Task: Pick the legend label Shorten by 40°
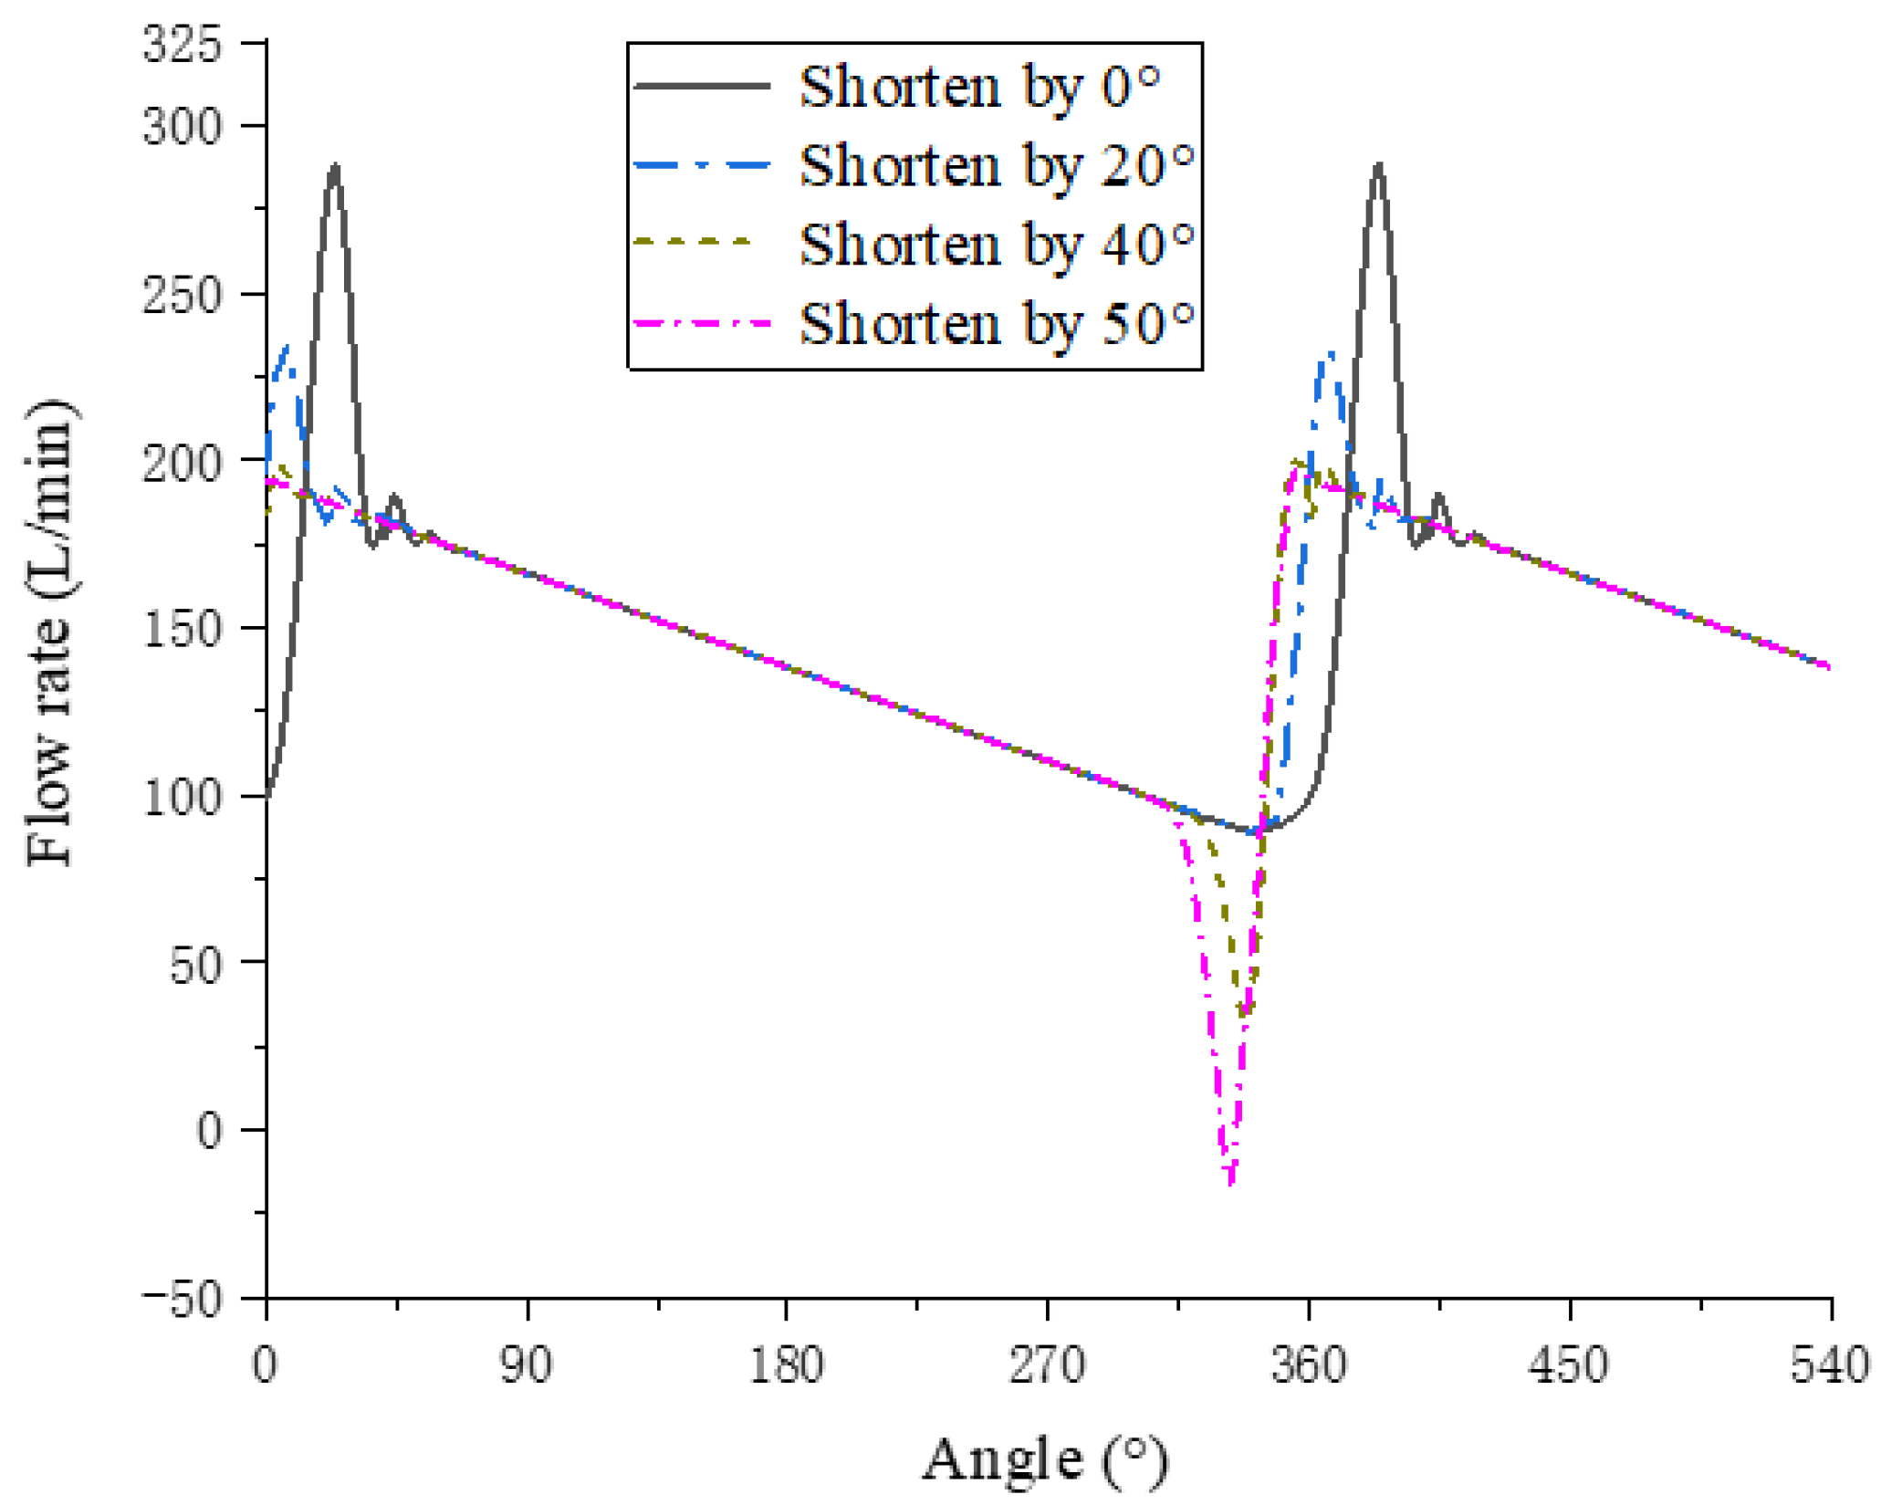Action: pyautogui.click(x=998, y=244)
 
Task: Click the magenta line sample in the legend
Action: pyautogui.click(x=702, y=323)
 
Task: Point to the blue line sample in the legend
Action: pyautogui.click(x=702, y=165)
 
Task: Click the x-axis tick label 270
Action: pyautogui.click(x=1047, y=1366)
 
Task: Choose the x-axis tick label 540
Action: pyautogui.click(x=1830, y=1366)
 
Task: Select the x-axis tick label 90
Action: pyautogui.click(x=527, y=1366)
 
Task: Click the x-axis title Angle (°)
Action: pyautogui.click(x=1045, y=1458)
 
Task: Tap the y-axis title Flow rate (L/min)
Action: pyautogui.click(x=50, y=632)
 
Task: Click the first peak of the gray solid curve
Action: pyautogui.click(x=336, y=165)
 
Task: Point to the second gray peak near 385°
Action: pyautogui.click(x=1378, y=165)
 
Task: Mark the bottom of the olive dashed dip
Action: pyautogui.click(x=1245, y=1013)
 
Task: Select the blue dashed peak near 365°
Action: pyautogui.click(x=1331, y=353)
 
